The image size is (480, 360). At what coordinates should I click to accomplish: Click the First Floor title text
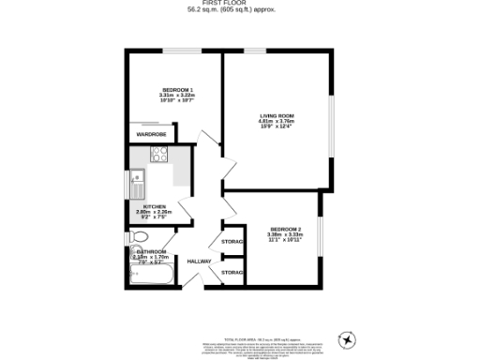[240, 3]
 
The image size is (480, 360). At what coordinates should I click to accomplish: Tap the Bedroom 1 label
[177, 88]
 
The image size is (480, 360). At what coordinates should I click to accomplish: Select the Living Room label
[277, 116]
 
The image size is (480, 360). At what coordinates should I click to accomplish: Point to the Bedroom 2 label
[285, 229]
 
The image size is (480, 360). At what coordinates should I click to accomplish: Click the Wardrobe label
[151, 135]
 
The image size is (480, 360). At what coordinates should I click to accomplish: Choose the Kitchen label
[155, 206]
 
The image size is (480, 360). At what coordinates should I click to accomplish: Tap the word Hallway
[199, 261]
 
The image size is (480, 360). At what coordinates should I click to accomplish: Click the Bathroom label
[152, 252]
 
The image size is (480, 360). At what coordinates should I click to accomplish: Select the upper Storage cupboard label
[232, 242]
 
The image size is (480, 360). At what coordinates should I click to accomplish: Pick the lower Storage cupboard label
[232, 272]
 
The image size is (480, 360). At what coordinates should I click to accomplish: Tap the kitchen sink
[136, 177]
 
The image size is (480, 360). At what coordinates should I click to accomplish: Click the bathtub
[149, 276]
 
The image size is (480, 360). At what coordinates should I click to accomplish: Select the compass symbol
[350, 339]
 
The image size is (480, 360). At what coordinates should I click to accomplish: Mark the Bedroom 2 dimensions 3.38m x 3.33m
[285, 234]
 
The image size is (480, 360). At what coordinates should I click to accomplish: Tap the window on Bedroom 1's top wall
[177, 50]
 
